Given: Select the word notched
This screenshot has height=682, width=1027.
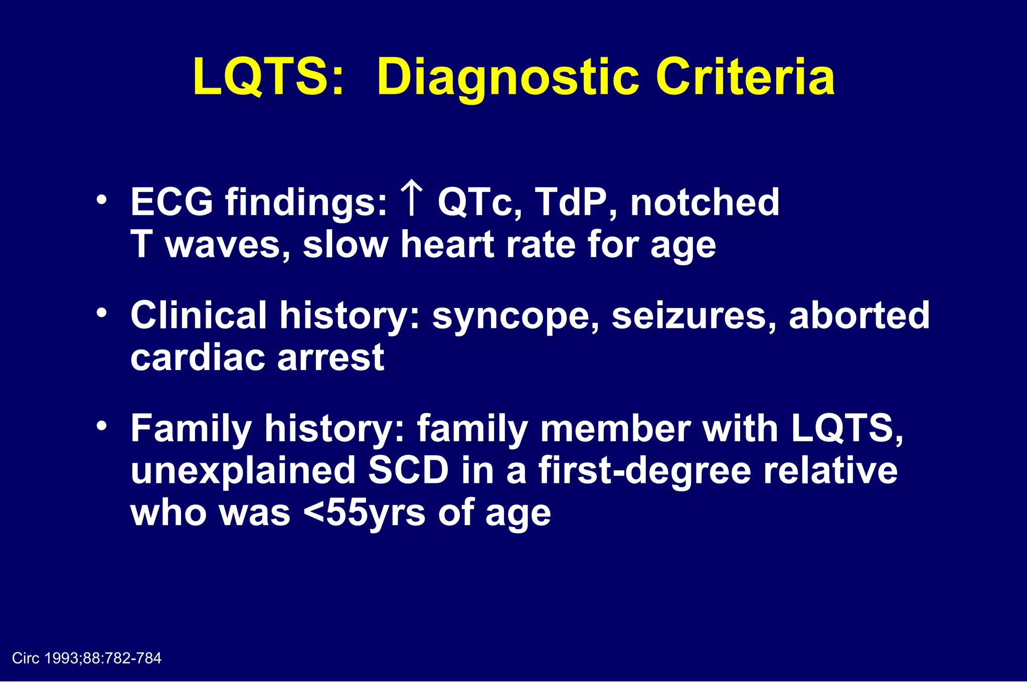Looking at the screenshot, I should [705, 202].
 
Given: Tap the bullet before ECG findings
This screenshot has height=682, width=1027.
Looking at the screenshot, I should [102, 200].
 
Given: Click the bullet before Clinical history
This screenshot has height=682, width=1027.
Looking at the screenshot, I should [102, 313].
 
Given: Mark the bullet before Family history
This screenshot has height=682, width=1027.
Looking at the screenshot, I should [102, 426].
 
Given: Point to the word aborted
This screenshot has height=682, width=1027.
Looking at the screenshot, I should [859, 315].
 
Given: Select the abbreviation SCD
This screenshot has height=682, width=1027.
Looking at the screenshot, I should [408, 471].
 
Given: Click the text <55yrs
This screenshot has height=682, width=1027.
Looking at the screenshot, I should [365, 514].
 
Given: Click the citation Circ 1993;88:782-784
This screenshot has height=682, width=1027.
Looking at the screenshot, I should [87, 658].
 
